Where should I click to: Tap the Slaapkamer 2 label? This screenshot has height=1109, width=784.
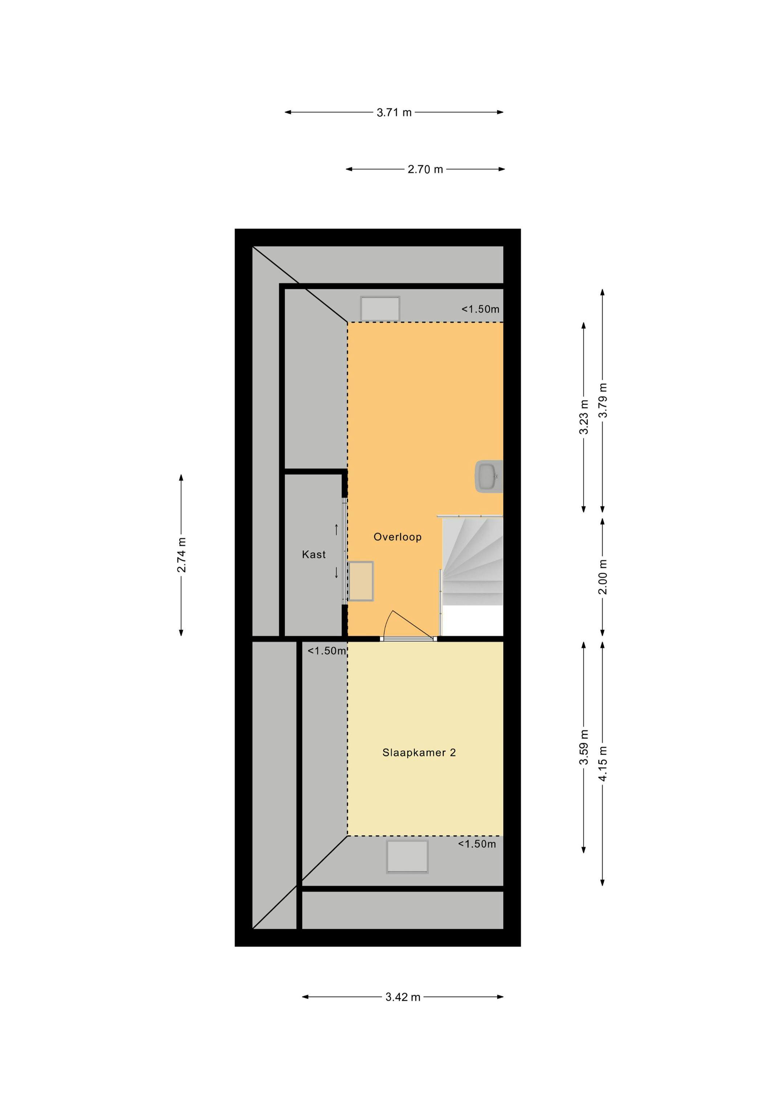tap(419, 752)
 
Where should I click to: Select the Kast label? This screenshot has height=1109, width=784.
tap(314, 555)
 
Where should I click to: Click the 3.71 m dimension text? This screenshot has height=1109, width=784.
tap(394, 113)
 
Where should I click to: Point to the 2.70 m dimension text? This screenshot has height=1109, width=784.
tap(425, 170)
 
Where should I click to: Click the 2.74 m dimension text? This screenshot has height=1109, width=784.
tap(181, 555)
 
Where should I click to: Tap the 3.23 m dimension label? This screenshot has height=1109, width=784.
tap(584, 417)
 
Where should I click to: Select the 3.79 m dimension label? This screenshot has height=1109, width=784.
tap(603, 400)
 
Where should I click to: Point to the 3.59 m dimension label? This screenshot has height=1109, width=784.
tap(584, 747)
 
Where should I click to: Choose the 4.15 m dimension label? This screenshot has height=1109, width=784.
tap(603, 763)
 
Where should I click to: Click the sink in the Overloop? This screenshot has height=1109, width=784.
tap(489, 476)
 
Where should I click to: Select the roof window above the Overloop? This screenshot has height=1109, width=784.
tap(380, 309)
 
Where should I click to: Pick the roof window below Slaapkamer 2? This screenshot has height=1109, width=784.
tap(407, 857)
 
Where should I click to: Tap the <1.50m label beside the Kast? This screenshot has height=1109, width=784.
tap(327, 651)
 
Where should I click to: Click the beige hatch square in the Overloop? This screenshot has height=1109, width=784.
tap(361, 581)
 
